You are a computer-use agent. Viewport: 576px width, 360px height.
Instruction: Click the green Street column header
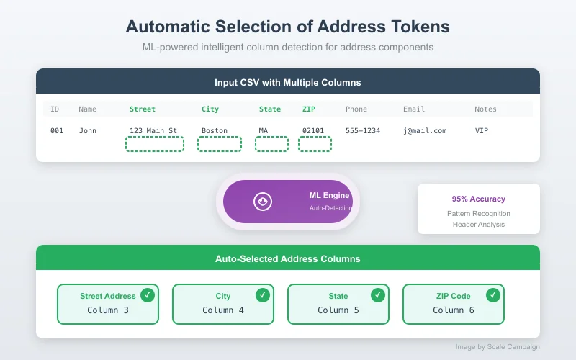(142, 109)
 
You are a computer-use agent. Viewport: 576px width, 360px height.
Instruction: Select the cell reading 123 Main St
(153, 131)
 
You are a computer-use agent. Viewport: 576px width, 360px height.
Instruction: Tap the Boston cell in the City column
(215, 131)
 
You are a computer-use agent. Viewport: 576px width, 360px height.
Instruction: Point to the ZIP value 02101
(313, 131)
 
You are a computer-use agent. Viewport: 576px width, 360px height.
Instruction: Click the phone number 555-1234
(362, 131)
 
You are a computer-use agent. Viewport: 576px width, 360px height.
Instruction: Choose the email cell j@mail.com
(425, 131)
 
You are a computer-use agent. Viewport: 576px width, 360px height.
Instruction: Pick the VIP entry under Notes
(482, 131)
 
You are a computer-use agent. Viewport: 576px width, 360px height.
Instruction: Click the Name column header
(87, 109)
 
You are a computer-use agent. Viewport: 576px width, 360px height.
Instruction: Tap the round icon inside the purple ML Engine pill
(263, 202)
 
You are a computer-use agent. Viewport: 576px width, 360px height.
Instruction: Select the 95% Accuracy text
(479, 199)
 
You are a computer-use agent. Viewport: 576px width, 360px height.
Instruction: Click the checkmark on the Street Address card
(148, 294)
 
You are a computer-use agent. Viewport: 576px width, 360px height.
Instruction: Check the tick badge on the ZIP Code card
(493, 294)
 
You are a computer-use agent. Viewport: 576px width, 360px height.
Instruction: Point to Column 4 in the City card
(223, 310)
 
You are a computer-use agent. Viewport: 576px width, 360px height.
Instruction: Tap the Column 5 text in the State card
(338, 310)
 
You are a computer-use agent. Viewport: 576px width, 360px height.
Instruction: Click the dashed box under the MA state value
(271, 144)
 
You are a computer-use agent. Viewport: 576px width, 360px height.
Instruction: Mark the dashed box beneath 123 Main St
(154, 144)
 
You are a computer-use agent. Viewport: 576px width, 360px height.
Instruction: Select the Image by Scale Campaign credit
(498, 347)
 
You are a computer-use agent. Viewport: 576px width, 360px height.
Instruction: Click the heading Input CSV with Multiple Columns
(288, 83)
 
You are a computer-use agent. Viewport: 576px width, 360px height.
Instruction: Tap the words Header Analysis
(479, 225)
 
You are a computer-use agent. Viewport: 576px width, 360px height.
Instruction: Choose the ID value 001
(57, 131)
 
